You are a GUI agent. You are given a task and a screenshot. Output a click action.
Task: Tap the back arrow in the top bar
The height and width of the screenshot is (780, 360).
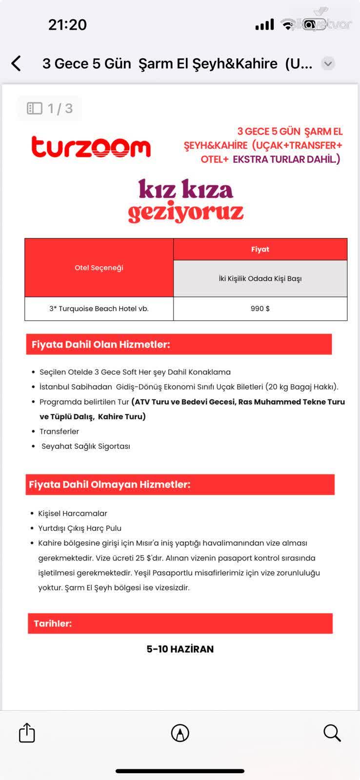click(x=16, y=63)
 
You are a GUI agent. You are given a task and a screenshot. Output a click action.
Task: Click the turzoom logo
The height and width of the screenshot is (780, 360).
click(x=91, y=147)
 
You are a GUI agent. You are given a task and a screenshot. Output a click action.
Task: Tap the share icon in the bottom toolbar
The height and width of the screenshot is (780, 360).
click(x=27, y=733)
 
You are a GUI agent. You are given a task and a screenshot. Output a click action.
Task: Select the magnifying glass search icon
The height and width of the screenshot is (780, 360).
click(x=332, y=733)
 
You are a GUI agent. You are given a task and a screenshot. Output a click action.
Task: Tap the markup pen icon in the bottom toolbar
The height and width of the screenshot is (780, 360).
click(x=180, y=733)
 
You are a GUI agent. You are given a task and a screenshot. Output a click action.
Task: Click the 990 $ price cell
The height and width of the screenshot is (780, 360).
click(x=260, y=309)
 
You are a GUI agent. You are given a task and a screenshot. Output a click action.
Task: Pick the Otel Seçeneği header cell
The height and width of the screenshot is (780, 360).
click(x=99, y=268)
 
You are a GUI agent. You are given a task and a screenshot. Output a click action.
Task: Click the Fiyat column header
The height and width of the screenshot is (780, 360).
click(x=260, y=249)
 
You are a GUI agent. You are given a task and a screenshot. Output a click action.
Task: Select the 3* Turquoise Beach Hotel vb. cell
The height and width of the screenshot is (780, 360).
click(x=99, y=309)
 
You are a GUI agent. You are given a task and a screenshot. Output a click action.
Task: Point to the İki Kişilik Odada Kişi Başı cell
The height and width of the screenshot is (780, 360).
click(x=260, y=278)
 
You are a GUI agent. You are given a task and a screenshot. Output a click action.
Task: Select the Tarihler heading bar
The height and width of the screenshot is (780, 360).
click(x=180, y=624)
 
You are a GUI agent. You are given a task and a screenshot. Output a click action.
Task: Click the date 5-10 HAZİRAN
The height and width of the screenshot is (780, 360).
click(x=180, y=649)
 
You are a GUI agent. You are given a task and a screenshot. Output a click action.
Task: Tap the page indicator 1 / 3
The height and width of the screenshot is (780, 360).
click(x=50, y=108)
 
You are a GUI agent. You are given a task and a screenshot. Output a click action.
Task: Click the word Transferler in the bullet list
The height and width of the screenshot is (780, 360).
click(x=59, y=431)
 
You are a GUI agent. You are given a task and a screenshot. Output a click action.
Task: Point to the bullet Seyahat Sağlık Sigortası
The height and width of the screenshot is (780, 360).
click(x=85, y=446)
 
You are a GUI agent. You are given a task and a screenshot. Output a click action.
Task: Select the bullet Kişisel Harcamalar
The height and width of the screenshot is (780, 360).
click(x=73, y=513)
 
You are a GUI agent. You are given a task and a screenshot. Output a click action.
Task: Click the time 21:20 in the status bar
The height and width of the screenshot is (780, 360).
click(x=67, y=24)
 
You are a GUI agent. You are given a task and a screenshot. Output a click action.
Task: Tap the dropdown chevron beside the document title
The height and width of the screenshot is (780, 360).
click(x=328, y=63)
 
